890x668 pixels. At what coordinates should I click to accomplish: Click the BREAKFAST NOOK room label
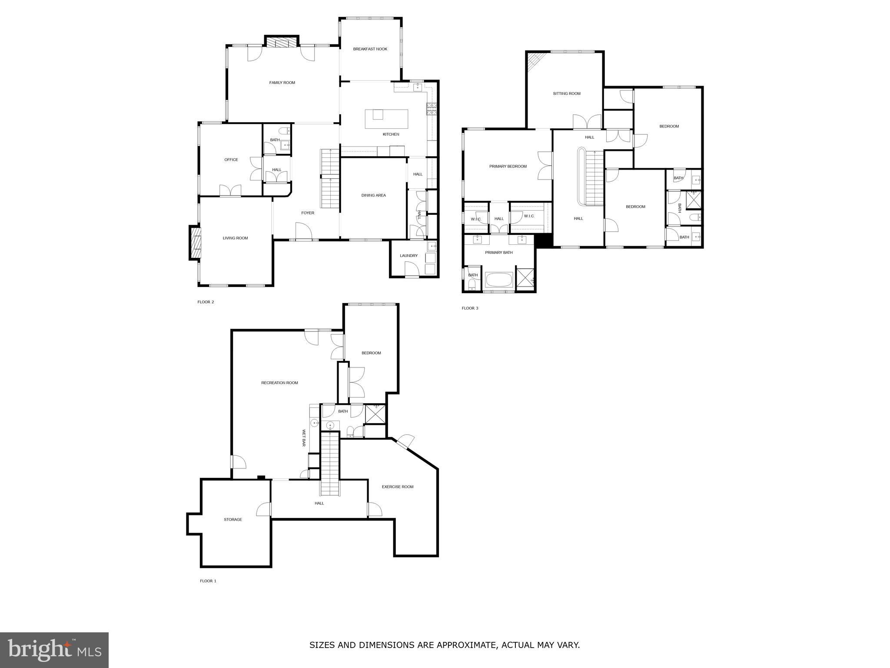click(x=370, y=49)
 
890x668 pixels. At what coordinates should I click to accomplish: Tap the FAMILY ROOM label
click(x=282, y=83)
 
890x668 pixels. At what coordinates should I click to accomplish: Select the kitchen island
click(x=386, y=119)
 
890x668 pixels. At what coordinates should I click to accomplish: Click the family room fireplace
click(x=282, y=42)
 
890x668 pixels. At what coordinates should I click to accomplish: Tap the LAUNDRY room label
click(x=408, y=256)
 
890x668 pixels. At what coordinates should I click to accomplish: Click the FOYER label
click(x=308, y=213)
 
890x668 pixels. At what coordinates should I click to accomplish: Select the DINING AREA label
click(x=373, y=195)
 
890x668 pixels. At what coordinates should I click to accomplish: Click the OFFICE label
click(x=231, y=160)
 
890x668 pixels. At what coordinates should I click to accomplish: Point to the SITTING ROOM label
click(x=567, y=94)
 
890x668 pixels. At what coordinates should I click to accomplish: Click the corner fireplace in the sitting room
click(x=534, y=62)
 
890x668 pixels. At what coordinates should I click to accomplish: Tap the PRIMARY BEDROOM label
click(x=508, y=166)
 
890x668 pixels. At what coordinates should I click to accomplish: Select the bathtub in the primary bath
click(x=499, y=279)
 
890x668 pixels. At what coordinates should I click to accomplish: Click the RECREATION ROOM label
click(x=279, y=383)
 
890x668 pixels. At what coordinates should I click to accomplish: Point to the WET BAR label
click(x=304, y=438)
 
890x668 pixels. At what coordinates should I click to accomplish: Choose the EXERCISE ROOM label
click(x=397, y=487)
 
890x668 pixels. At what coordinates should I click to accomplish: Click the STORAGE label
click(x=233, y=520)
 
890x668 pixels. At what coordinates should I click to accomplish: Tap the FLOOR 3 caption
click(x=470, y=308)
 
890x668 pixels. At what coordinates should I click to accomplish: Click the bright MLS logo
click(x=54, y=650)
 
